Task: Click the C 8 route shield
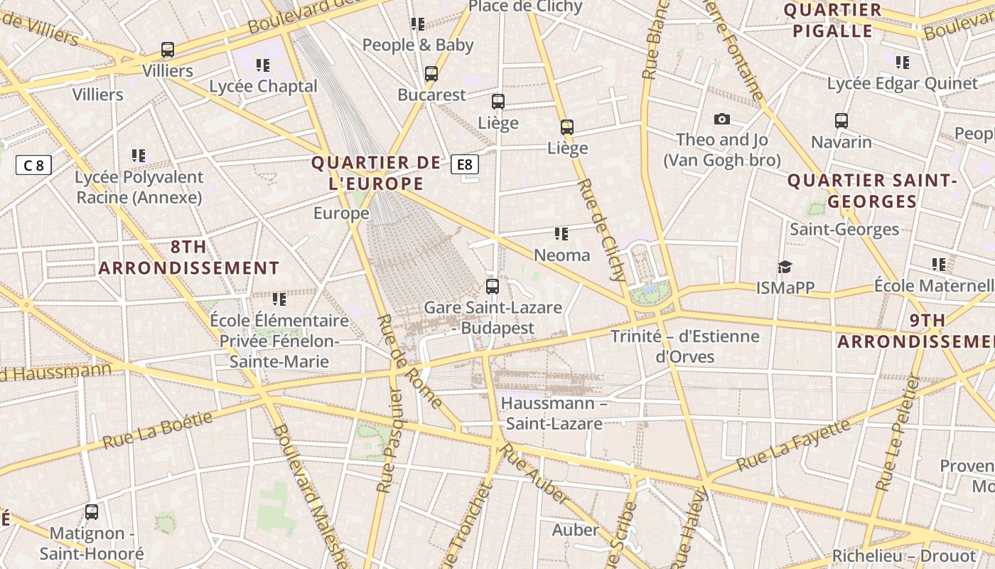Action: coord(33,166)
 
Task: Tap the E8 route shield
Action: coord(464,165)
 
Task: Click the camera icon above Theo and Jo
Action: coord(722,119)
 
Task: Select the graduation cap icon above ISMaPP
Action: coord(785,267)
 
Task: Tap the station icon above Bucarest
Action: coord(431,74)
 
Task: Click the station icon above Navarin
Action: coord(841,121)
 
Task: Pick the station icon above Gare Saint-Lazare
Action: coord(493,287)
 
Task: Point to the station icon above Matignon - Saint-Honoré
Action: coord(92,511)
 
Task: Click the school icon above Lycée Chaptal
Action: coord(263,65)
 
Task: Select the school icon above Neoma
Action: coord(561,233)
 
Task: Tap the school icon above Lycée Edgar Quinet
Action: coord(903,63)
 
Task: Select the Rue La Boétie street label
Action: coord(158,430)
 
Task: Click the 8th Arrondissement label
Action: coord(189,257)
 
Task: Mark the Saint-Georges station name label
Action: coord(844,229)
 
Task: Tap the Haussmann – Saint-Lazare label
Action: coord(554,413)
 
